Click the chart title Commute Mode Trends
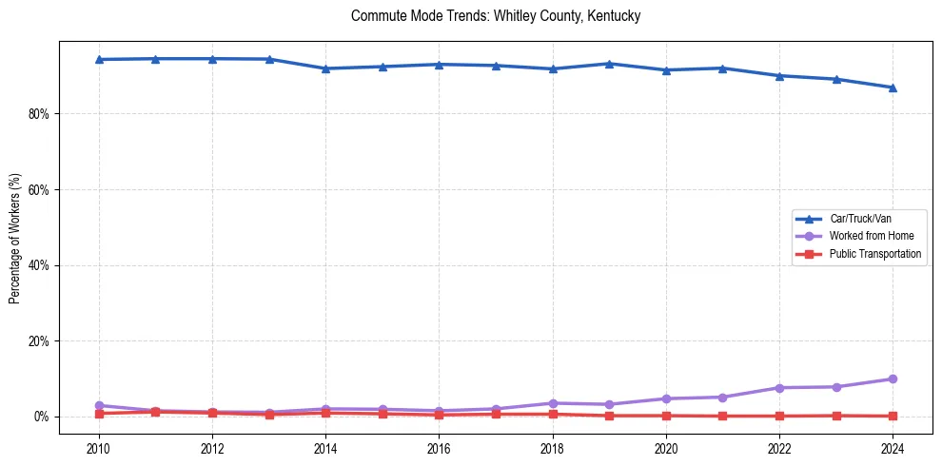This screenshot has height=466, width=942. pos(495,16)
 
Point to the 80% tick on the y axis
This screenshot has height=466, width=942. pos(39,113)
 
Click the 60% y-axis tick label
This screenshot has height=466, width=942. pos(39,189)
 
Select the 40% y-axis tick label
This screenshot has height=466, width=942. pos(39,265)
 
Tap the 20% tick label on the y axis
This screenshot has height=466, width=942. pos(39,340)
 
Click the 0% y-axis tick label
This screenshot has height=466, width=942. pos(42,417)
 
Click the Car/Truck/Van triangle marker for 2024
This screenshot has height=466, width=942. pos(893,87)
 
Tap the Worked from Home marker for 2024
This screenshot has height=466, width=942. pos(893,379)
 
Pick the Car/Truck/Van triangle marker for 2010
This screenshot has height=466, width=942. pos(99,59)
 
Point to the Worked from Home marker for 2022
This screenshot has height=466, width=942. pos(779,388)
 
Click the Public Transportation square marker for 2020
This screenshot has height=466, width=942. pos(666,416)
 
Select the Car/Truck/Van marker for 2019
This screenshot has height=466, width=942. pos(609,64)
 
